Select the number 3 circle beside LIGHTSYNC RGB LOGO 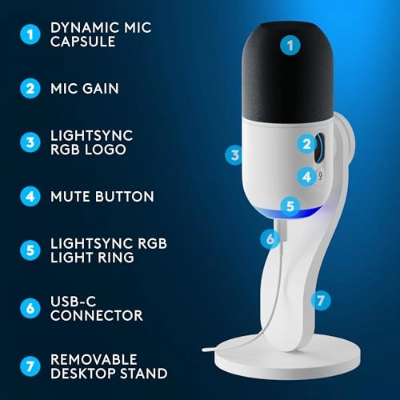coord(30,142)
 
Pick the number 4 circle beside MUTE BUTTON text coord(30,195)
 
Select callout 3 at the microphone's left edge coord(234,154)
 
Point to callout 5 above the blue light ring coord(290,206)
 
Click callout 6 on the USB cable coord(271,238)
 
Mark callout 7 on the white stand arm coord(319,300)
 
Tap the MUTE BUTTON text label coord(102,195)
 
